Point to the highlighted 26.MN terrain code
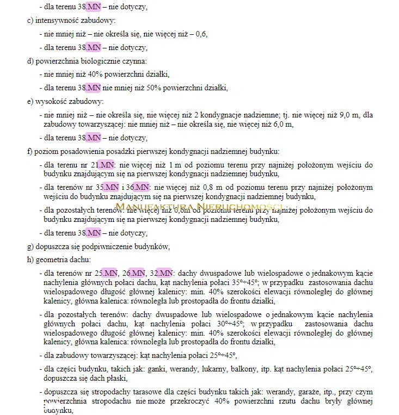tap(134, 272)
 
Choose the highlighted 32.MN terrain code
tap(162, 272)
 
